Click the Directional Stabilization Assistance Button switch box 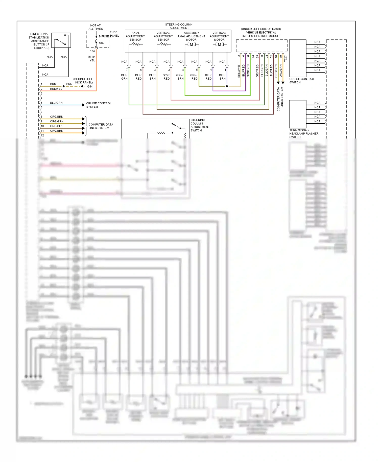(61, 40)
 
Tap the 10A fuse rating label (101, 43)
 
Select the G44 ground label (90, 86)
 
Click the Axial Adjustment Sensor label (135, 36)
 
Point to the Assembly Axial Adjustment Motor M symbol (192, 44)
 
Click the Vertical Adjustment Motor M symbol (219, 44)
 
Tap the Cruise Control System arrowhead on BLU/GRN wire (83, 105)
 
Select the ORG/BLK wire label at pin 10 (56, 126)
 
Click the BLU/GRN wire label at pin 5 (56, 103)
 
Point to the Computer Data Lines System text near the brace (101, 126)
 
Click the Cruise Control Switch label (302, 81)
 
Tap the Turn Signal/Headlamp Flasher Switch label (304, 133)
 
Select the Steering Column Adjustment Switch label (200, 125)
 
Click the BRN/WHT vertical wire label (239, 71)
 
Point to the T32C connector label (286, 58)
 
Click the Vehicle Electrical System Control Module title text (261, 33)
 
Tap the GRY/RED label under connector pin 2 (166, 77)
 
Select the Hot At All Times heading (96, 27)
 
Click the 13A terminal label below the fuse (92, 51)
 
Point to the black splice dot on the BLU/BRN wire (227, 86)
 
